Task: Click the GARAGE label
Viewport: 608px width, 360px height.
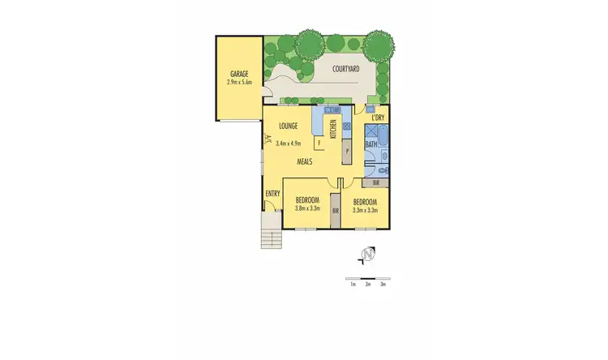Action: pos(238,74)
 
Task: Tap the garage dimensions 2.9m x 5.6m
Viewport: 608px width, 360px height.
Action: pos(239,82)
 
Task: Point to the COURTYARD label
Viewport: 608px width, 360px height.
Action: pos(346,69)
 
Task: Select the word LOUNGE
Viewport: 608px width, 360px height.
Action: pos(288,126)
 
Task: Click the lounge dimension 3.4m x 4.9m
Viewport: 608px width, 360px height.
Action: pos(288,144)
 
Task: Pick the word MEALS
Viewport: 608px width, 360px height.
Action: pos(305,161)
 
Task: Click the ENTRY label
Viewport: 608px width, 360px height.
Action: pos(272,193)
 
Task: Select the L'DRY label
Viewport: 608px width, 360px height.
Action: pos(377,118)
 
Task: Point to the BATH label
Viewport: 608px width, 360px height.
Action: pos(370,144)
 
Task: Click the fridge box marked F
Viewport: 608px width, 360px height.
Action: pos(319,144)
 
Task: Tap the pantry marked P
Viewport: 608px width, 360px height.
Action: pos(346,152)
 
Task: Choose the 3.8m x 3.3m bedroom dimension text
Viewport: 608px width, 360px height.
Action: pos(307,208)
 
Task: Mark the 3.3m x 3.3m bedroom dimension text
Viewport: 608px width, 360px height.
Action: pos(365,208)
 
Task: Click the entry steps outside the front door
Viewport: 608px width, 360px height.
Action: pos(270,234)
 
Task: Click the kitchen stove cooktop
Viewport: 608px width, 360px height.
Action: pos(346,126)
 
